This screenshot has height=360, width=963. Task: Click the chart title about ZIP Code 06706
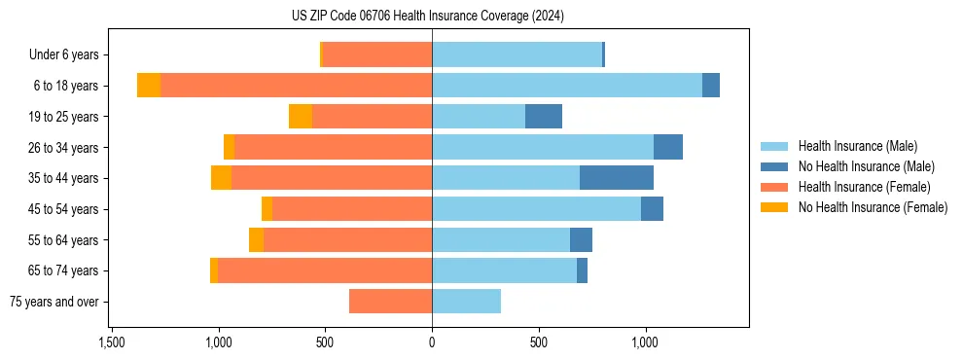[x=427, y=16]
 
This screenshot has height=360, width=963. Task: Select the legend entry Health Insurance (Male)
[x=857, y=146]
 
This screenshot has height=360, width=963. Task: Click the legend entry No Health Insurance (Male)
[x=866, y=166]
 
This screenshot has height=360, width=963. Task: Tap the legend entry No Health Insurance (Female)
[x=873, y=207]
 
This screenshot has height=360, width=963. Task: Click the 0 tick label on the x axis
[x=432, y=342]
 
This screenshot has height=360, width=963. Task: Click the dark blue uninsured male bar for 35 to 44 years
[x=617, y=178]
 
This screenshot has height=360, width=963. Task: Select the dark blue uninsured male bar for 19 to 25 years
[x=544, y=117]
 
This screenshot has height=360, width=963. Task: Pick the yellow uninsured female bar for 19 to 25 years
[x=301, y=117]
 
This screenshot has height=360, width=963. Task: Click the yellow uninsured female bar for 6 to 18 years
[x=149, y=86]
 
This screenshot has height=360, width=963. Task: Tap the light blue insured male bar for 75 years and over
[x=467, y=302]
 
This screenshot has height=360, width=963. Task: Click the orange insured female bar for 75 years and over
[x=390, y=302]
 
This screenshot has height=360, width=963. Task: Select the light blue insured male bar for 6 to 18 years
[x=567, y=86]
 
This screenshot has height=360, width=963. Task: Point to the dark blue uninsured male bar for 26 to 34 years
[x=668, y=147]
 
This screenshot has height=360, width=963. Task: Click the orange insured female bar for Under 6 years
[x=377, y=55]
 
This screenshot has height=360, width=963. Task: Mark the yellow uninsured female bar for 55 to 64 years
[x=256, y=239]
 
